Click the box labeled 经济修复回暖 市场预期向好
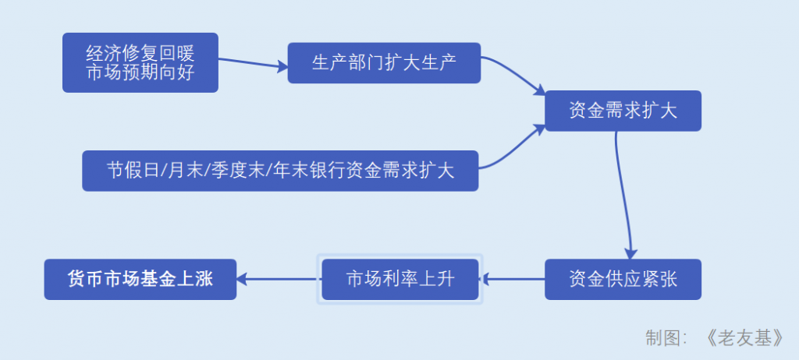[140, 62]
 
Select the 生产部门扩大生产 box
[384, 62]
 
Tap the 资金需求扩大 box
[623, 111]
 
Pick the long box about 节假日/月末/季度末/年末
[280, 170]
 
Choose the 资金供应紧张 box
[623, 279]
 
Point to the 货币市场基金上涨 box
[140, 279]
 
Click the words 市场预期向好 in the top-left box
[140, 72]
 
